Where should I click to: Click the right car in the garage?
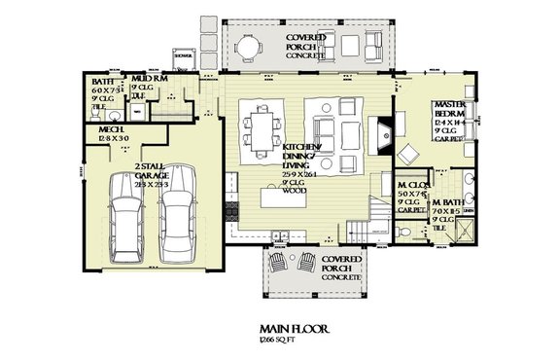(178, 218)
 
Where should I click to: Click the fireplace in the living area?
(385, 127)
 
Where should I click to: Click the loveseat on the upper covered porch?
(373, 43)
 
